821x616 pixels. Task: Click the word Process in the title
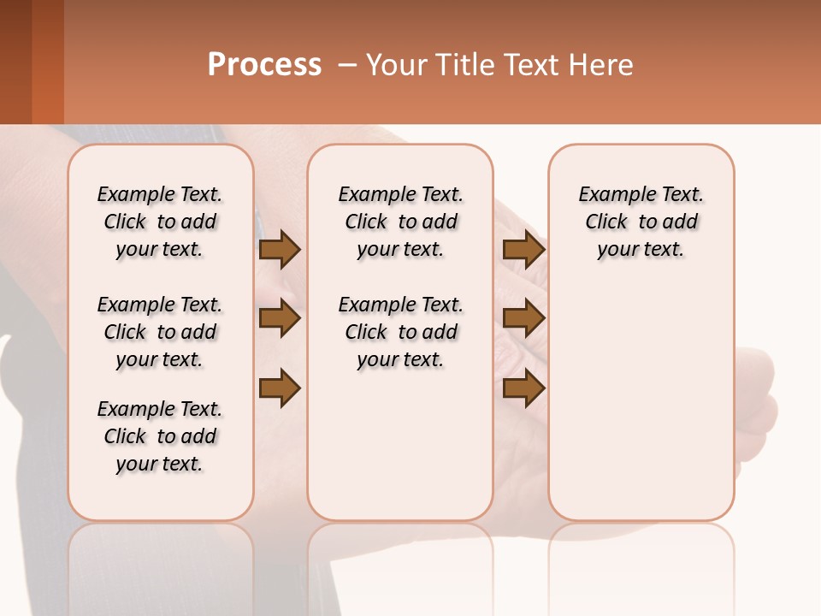[264, 65]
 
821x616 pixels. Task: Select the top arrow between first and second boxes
[280, 249]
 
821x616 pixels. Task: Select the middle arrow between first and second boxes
[280, 319]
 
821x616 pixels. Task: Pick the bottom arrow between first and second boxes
[280, 388]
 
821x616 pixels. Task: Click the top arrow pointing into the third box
[523, 249]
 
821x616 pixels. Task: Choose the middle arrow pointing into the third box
[523, 319]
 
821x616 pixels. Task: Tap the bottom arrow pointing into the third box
[523, 388]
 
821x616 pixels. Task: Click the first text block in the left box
[160, 222]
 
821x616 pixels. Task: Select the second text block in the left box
[160, 332]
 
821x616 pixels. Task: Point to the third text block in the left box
[160, 436]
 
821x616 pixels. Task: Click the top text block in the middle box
[401, 222]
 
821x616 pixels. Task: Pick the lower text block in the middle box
[401, 332]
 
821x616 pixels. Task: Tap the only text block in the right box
[641, 222]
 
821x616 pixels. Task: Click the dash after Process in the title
[346, 65]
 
